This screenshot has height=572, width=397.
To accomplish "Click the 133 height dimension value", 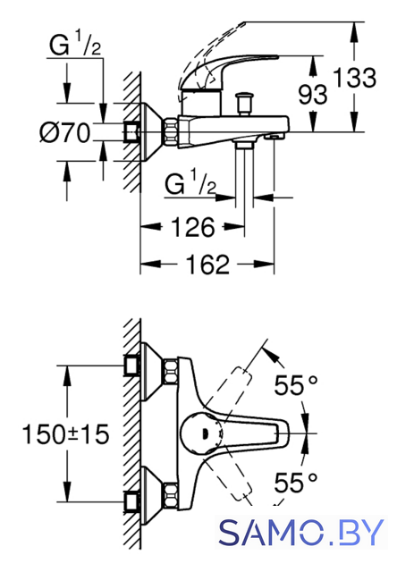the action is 354,78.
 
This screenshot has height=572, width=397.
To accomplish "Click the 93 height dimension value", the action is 313,95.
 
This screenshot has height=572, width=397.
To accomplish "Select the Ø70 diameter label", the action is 65,132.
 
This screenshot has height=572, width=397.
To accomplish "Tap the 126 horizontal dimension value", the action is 193,227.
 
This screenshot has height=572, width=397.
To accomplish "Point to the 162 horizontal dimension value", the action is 207,264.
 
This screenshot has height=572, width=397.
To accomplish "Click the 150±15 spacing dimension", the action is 65,434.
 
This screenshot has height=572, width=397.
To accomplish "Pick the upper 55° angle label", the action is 296,385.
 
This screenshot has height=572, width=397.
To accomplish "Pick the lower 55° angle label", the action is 296,483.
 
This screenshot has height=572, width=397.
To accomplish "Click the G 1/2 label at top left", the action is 75,44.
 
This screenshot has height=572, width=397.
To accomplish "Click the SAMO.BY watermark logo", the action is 301,533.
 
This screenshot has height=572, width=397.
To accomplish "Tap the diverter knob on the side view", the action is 244,104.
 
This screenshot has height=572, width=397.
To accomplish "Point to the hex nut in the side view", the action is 171,131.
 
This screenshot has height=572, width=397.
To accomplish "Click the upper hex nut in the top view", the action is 170,372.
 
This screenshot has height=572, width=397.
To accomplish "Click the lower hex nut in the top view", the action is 170,495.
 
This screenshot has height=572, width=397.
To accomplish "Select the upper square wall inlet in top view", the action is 132,365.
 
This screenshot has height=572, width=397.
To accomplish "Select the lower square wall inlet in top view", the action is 132,502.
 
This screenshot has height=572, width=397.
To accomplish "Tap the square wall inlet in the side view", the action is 131,131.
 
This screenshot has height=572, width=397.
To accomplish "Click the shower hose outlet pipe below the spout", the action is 244,172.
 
